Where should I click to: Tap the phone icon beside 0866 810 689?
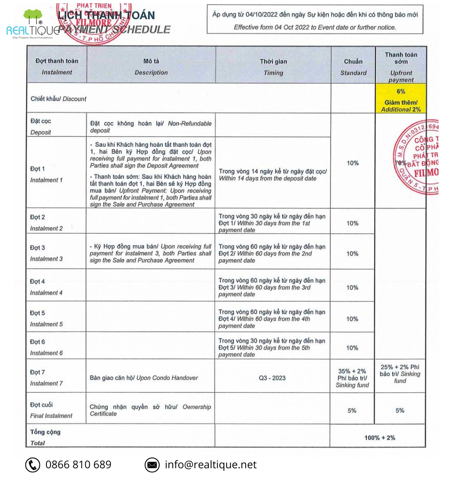33,465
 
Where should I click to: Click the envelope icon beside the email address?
152,465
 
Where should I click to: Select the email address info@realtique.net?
210,465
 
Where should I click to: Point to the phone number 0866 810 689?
78,465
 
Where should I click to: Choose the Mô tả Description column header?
151,66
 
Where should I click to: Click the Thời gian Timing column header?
274,67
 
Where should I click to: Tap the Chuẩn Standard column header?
353,67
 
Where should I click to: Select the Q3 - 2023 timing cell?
272,378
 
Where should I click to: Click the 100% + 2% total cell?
380,438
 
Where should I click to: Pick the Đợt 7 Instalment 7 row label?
46,378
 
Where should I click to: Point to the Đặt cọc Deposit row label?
41,126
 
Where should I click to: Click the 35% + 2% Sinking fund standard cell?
352,378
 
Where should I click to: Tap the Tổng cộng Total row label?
45,437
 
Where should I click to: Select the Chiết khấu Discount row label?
58,99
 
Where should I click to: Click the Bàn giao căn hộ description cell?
144,378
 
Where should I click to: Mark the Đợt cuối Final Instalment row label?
51,410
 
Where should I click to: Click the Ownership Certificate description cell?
150,410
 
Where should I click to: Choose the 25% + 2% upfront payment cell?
400,374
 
